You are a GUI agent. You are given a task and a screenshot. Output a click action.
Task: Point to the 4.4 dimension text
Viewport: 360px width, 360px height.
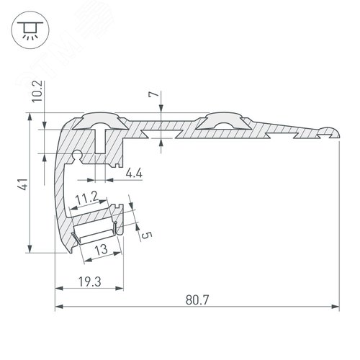tap(133, 173)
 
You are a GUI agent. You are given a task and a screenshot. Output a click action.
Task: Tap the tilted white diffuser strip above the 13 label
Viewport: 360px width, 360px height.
tap(96, 232)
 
